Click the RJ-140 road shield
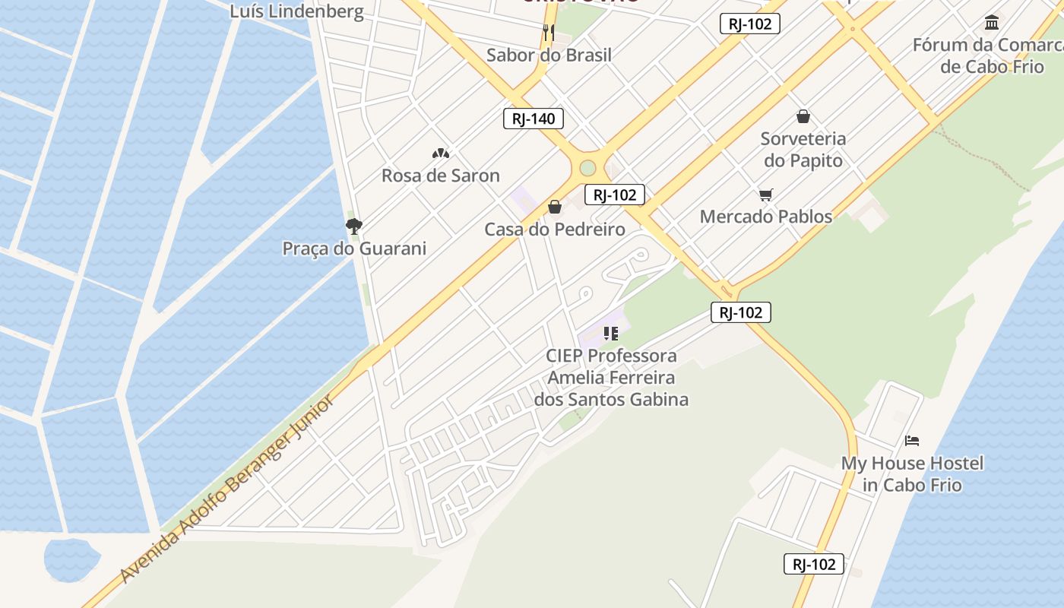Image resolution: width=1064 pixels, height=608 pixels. (534, 119)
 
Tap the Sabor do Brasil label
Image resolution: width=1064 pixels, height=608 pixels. (549, 55)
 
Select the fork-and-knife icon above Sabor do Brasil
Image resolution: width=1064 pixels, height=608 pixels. (549, 32)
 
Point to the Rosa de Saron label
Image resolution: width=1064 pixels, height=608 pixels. (441, 176)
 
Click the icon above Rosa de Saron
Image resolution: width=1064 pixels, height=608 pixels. (441, 154)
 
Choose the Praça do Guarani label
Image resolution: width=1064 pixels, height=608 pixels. (354, 249)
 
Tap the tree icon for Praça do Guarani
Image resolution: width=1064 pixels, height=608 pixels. (353, 226)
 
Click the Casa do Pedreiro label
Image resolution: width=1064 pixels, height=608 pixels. (555, 229)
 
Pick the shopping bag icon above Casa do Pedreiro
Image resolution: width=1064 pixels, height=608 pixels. (555, 207)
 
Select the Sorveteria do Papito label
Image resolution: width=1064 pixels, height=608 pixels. (803, 150)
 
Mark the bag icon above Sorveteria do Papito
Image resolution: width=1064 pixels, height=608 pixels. (803, 116)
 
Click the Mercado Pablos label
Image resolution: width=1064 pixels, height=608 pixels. (766, 217)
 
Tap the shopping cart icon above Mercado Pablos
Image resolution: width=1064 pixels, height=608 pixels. (766, 195)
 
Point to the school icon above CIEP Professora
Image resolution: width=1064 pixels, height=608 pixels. (611, 333)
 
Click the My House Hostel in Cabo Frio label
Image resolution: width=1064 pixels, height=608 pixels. (912, 473)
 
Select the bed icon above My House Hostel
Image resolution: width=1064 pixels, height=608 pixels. (912, 441)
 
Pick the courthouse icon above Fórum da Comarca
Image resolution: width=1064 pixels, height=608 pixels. (992, 22)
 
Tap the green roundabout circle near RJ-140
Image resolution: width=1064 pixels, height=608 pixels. (587, 168)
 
